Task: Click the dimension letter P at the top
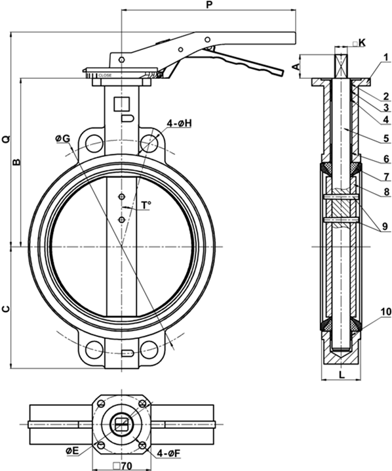click(x=209, y=4)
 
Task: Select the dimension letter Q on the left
click(x=7, y=139)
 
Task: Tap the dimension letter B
click(x=16, y=162)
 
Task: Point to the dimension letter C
click(x=6, y=309)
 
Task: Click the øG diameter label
click(x=63, y=139)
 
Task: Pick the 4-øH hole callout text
click(x=180, y=123)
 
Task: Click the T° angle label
click(x=146, y=205)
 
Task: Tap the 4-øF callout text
click(x=169, y=453)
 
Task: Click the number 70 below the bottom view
click(x=127, y=466)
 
